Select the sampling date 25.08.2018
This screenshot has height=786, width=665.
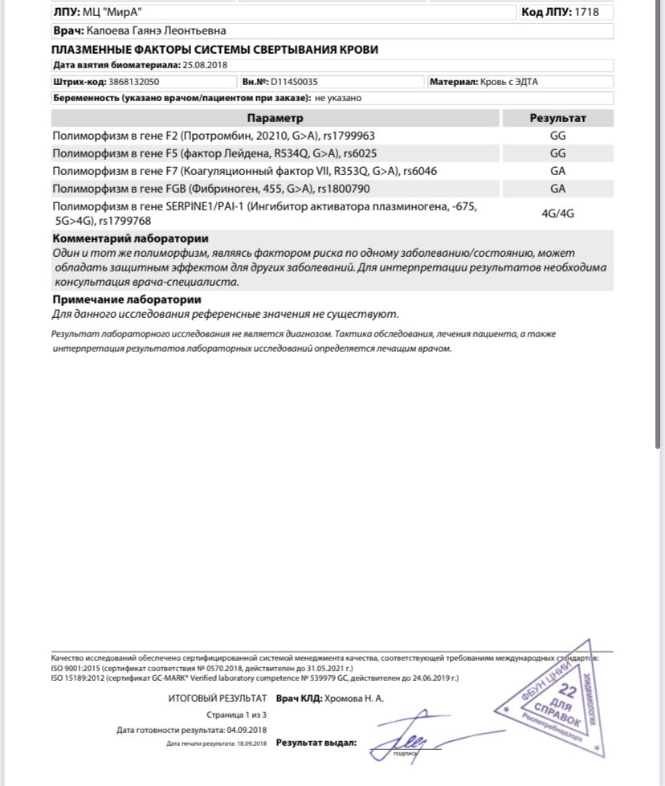coord(206,65)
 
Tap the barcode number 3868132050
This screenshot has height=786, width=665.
coord(133,82)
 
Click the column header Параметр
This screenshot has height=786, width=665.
coord(275,118)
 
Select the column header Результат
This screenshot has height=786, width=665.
coord(557,118)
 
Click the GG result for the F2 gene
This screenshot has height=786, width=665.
coord(557,136)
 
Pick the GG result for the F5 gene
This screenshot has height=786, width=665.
coord(557,153)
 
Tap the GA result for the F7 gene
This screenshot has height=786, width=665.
coord(557,171)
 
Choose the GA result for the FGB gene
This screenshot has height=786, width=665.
coord(557,189)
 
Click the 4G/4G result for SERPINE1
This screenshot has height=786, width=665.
coord(557,214)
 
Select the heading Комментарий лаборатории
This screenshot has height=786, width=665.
coord(130,238)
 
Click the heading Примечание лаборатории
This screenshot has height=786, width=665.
coord(126,299)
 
